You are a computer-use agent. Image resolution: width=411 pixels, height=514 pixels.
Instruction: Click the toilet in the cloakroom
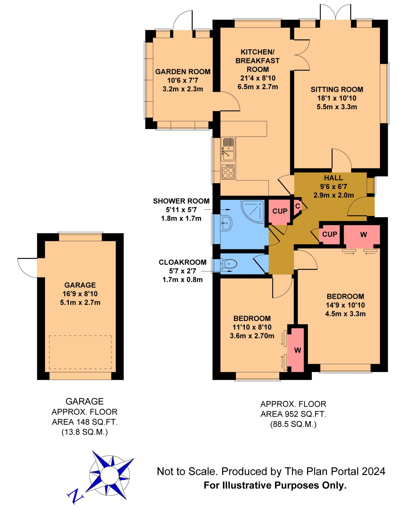pos(229,264)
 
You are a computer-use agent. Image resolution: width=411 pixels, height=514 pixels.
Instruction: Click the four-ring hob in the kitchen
pos(228,172)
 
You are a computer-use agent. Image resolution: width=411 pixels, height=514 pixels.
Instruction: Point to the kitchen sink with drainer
pos(228,149)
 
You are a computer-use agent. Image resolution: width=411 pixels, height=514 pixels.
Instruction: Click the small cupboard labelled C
pos(298,206)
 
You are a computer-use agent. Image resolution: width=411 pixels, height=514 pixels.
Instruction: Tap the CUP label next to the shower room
pos(280,211)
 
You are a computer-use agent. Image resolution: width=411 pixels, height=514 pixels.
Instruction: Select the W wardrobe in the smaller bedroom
pos(297,350)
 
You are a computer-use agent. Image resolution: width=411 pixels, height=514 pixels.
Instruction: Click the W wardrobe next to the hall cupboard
pos(363,234)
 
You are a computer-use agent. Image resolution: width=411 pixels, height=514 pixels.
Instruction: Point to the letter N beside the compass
pos(75,496)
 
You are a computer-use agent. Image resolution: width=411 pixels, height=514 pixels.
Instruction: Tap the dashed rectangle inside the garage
pos(80,352)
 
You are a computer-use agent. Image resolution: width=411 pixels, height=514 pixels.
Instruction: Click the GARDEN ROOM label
pos(183,72)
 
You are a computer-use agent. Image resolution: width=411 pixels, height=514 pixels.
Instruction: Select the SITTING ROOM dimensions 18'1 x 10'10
pos(337,98)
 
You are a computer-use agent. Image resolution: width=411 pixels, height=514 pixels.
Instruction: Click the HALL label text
pos(333,178)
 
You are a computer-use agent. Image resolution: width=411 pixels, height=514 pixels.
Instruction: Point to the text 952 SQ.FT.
pos(305,414)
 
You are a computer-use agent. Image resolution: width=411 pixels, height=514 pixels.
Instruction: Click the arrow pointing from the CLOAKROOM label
pos(217,271)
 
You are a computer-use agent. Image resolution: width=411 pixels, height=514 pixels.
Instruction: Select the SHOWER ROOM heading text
pos(181,201)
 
